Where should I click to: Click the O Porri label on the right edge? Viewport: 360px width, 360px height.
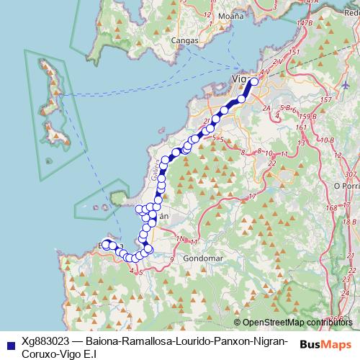tap(346, 185)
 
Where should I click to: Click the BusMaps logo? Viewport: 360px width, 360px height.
tap(325, 344)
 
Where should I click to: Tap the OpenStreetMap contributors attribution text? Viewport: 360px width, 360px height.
tap(295, 322)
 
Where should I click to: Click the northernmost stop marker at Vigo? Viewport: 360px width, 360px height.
tap(253, 82)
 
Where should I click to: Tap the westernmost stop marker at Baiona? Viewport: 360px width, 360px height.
tap(105, 244)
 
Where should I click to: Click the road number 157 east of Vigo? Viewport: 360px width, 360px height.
tap(325, 99)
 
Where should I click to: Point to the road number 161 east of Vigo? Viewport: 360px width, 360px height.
tap(302, 127)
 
